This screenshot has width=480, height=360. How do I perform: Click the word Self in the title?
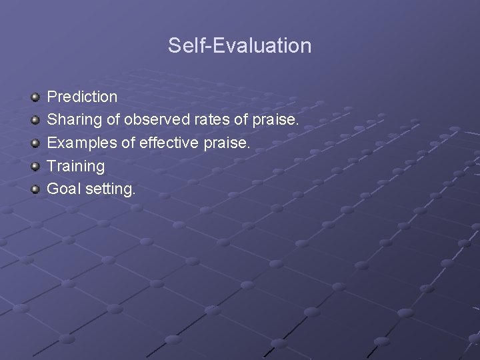182,45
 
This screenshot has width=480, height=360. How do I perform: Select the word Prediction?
82,97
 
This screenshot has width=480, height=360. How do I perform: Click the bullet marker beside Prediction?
35,97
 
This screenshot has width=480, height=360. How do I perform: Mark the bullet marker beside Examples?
35,143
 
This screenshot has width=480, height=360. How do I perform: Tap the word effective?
168,143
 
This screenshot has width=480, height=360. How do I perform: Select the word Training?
76,166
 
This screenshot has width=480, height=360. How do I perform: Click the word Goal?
63,189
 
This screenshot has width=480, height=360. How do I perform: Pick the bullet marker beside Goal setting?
35,189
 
